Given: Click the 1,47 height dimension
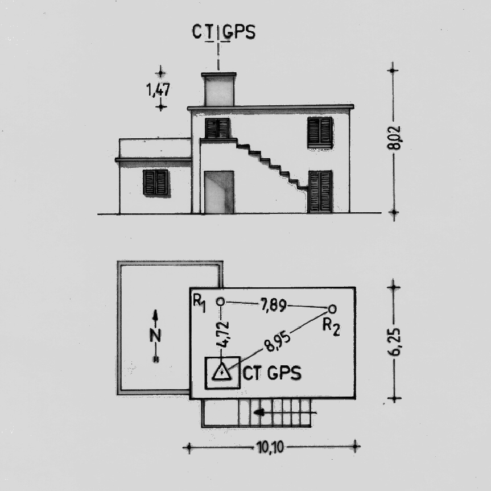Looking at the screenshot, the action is click(x=158, y=90).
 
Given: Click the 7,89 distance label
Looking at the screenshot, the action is click(x=273, y=305).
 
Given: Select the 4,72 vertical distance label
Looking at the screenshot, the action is click(x=224, y=335).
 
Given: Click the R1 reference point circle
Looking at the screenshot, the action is click(x=221, y=302).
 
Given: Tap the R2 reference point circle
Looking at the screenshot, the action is click(x=332, y=310).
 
